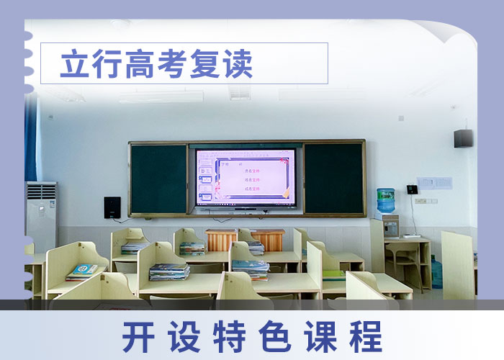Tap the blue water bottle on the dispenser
coord(386,201)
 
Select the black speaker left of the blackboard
coord(112,207)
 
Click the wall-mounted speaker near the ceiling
coord(463,138)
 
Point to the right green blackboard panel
coord(333,178)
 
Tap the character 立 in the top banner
coord(73,64)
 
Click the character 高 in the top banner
coord(139,64)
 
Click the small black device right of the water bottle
coord(412,189)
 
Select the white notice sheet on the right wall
coord(434,183)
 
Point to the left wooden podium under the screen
coord(221,240)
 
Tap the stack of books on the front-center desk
coord(169,271)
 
